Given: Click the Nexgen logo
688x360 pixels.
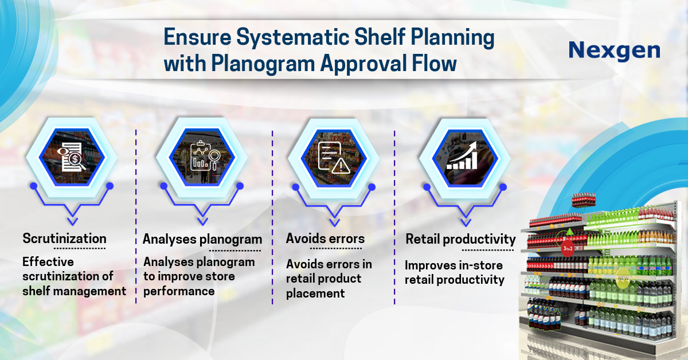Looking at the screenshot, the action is click(x=614, y=50).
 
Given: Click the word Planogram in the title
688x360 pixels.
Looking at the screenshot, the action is click(x=263, y=64).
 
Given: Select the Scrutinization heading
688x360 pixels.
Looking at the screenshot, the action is click(x=64, y=238).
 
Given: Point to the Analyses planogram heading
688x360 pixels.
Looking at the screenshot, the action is click(x=202, y=240).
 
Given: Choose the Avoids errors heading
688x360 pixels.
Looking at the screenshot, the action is click(x=325, y=238).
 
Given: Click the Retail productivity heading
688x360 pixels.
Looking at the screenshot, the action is click(x=461, y=240).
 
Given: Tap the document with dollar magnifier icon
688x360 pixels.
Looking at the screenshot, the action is click(x=72, y=157).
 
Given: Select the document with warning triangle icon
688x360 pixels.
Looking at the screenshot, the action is click(x=334, y=157).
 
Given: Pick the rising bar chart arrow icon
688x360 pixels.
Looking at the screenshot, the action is click(x=462, y=155).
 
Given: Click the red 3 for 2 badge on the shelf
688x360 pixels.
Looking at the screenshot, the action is click(x=568, y=248).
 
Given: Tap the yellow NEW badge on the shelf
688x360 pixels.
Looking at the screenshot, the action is click(x=623, y=278).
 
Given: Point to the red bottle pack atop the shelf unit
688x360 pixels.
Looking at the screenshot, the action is click(x=584, y=200).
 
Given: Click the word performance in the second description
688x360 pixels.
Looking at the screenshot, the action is click(x=179, y=291).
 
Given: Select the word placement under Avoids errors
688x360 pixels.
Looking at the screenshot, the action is click(x=315, y=294).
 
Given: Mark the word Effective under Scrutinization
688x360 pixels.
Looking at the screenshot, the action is click(x=48, y=262).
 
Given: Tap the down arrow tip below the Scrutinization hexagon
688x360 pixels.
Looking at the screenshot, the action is click(x=72, y=225).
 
